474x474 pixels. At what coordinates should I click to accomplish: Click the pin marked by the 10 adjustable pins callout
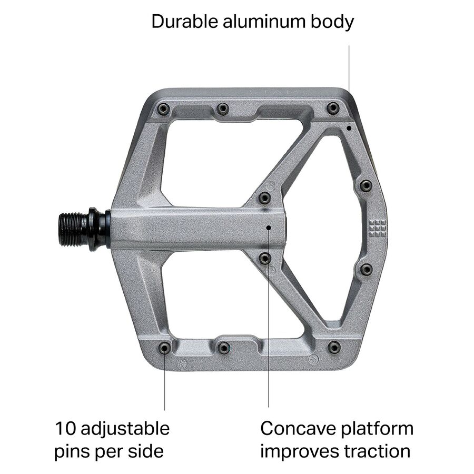[164, 348]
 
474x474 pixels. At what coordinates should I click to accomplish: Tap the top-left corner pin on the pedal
[163, 109]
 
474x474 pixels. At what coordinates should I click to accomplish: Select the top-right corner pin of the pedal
[333, 108]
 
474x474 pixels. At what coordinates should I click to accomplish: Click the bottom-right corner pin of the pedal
[334, 348]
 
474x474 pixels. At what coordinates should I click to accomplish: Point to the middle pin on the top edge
[223, 108]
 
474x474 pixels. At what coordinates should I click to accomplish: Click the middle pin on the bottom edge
[224, 348]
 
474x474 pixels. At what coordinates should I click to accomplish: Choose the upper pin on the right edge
[366, 185]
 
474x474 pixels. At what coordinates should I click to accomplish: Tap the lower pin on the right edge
[366, 270]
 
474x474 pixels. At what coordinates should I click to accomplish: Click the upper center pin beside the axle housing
[265, 198]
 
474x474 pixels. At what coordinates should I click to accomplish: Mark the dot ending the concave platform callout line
[269, 228]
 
